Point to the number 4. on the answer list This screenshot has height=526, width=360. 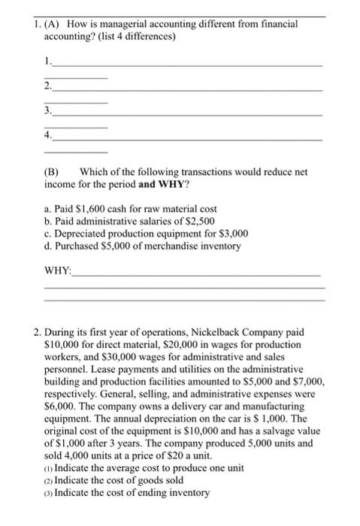(49, 136)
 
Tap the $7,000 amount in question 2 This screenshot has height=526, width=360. (310, 382)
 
